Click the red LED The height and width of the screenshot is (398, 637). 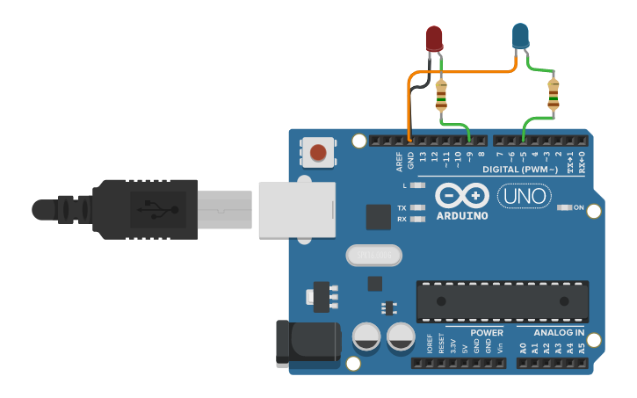click(434, 38)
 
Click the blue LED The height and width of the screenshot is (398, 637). click(520, 36)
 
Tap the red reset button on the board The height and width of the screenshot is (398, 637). click(318, 153)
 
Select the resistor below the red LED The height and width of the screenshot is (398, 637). click(441, 93)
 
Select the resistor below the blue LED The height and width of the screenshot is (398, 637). click(553, 94)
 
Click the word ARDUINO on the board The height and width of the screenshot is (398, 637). click(461, 213)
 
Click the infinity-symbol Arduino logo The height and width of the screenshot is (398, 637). click(461, 195)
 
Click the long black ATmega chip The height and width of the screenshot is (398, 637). click(502, 301)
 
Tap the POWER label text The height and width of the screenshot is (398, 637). click(486, 333)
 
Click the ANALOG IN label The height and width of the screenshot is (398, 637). click(559, 333)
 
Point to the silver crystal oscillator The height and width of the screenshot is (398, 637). click(373, 256)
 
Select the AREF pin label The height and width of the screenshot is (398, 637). click(399, 161)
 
